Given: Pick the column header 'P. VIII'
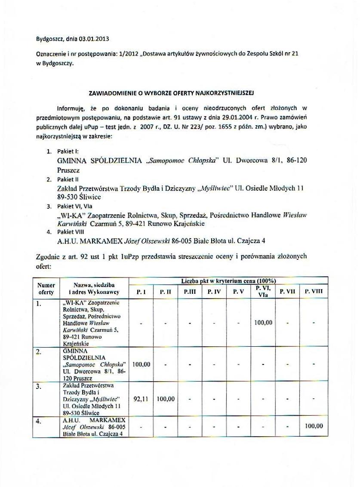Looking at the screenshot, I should tap(314, 291).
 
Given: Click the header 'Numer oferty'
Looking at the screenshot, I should tap(46, 289).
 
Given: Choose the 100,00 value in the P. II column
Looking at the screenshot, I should tap(166, 399).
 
